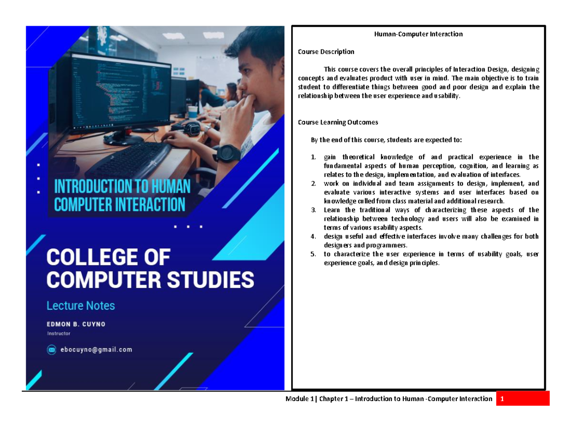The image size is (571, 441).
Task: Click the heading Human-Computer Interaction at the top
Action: (x=418, y=34)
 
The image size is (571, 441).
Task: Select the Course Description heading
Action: (x=326, y=51)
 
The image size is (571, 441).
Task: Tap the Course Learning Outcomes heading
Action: (x=338, y=122)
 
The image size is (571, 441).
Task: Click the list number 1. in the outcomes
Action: (x=313, y=157)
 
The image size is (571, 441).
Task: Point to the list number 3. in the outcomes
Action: (x=313, y=210)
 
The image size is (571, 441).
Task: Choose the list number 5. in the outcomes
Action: (x=313, y=254)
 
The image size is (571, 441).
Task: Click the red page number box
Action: (x=522, y=399)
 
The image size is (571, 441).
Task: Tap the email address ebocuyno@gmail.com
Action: (x=95, y=350)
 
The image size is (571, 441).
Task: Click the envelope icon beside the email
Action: (x=52, y=350)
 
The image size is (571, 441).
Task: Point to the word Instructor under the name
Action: (x=59, y=333)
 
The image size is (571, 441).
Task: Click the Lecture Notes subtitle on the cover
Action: (x=80, y=305)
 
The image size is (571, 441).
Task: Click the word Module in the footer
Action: (x=296, y=399)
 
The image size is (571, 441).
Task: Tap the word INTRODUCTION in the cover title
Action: (x=89, y=186)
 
